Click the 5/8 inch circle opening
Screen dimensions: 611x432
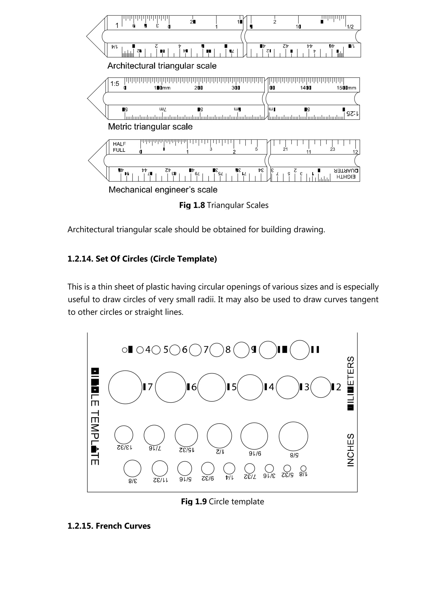click(293, 436)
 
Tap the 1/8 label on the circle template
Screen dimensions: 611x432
click(304, 474)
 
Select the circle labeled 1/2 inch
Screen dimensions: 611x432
click(219, 436)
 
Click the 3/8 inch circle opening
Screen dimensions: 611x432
click(132, 468)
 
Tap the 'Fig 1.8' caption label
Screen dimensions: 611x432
click(192, 205)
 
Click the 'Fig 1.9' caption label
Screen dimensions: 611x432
click(194, 501)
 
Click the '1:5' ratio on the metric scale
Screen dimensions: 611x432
click(115, 84)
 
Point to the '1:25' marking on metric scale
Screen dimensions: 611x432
click(352, 114)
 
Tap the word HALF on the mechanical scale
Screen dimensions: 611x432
click(119, 144)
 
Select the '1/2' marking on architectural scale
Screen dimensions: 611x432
click(350, 27)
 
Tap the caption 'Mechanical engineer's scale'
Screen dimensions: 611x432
click(163, 190)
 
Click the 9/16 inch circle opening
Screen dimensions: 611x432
click(254, 436)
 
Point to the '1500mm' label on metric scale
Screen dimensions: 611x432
click(346, 88)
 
